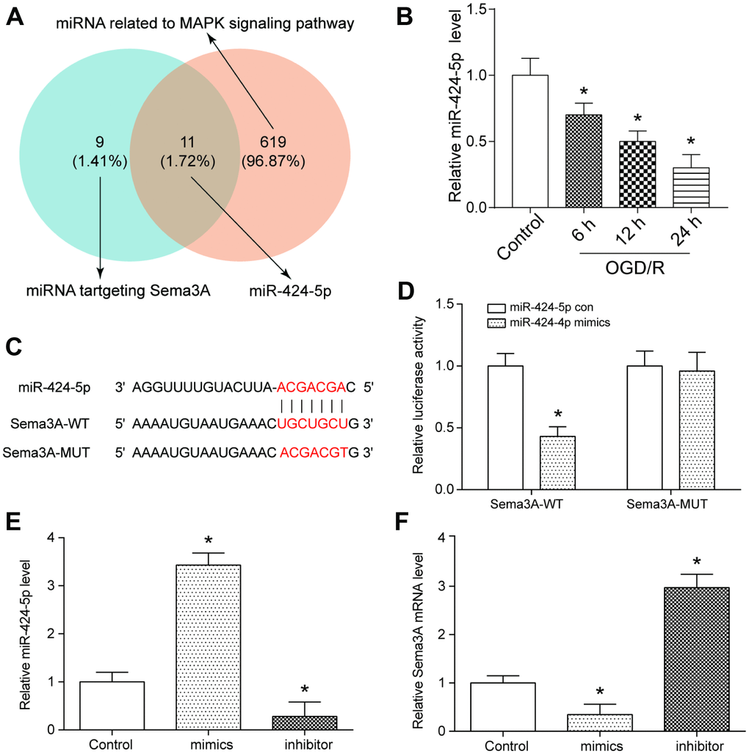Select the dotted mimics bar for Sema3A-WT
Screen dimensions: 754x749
557,462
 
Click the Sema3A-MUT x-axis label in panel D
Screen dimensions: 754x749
663,505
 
